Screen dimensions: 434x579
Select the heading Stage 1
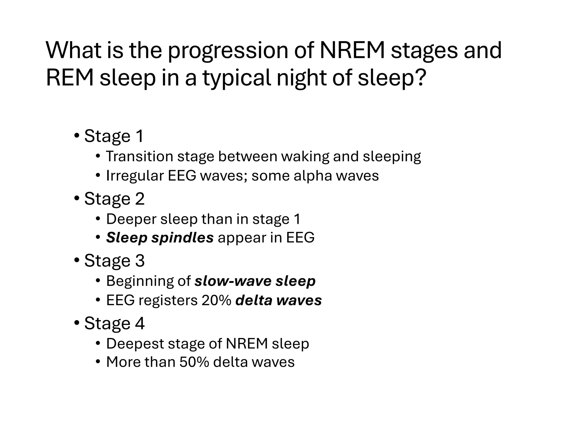pyautogui.click(x=114, y=136)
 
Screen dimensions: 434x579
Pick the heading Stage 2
pyautogui.click(x=114, y=198)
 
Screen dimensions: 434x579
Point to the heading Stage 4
pyautogui.click(x=114, y=323)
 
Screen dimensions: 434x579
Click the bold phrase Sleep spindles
pyautogui.click(x=160, y=237)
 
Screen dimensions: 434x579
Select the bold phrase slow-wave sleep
pyautogui.click(x=255, y=281)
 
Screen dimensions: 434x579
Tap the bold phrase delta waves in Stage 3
pyautogui.click(x=278, y=300)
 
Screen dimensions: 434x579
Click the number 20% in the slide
pyautogui.click(x=217, y=300)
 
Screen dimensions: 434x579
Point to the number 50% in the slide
pyautogui.click(x=194, y=362)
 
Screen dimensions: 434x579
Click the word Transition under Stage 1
pyautogui.click(x=139, y=156)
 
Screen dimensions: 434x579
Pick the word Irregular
pyautogui.click(x=135, y=176)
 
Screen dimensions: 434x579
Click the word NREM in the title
pyautogui.click(x=352, y=51)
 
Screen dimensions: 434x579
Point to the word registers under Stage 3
pyautogui.click(x=168, y=300)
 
